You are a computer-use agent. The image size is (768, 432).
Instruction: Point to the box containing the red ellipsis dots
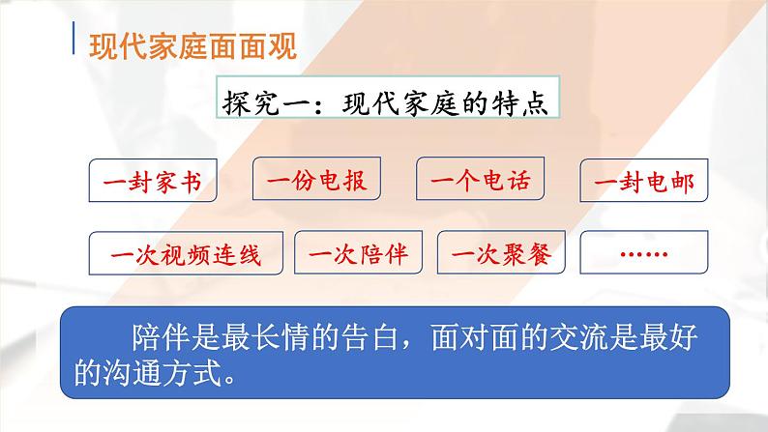(642, 254)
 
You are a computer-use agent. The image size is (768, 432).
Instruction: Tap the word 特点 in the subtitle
(524, 101)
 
